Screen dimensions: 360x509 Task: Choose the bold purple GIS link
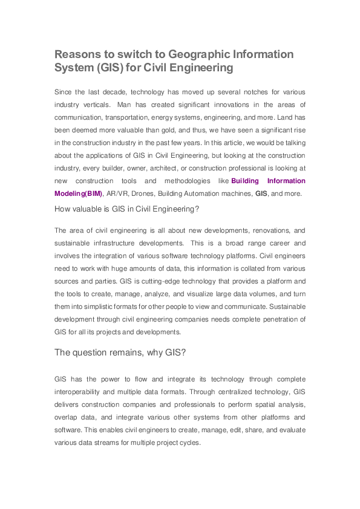pos(261,194)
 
